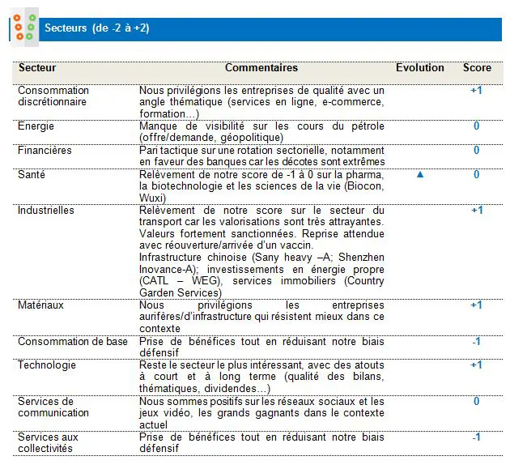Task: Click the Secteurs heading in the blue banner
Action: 97,29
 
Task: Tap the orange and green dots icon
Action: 24,28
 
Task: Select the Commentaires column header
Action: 261,68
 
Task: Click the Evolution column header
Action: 419,68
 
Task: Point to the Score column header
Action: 477,68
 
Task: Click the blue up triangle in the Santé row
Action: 419,174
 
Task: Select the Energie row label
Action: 36,126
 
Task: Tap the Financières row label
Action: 45,151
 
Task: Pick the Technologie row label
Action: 46,365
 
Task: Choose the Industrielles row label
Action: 46,211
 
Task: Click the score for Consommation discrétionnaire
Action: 476,91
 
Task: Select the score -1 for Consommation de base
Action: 476,342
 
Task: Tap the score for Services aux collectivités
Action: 476,437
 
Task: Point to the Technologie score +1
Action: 476,365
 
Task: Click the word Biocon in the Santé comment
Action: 367,186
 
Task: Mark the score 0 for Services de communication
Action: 476,402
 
